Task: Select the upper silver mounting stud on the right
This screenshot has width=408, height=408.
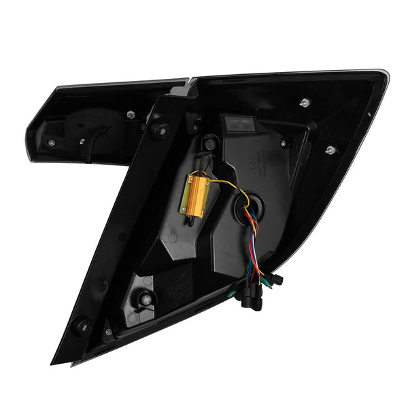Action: (x=303, y=103)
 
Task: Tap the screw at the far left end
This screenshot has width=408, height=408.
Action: (x=51, y=143)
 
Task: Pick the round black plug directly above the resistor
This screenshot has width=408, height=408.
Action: (x=209, y=144)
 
